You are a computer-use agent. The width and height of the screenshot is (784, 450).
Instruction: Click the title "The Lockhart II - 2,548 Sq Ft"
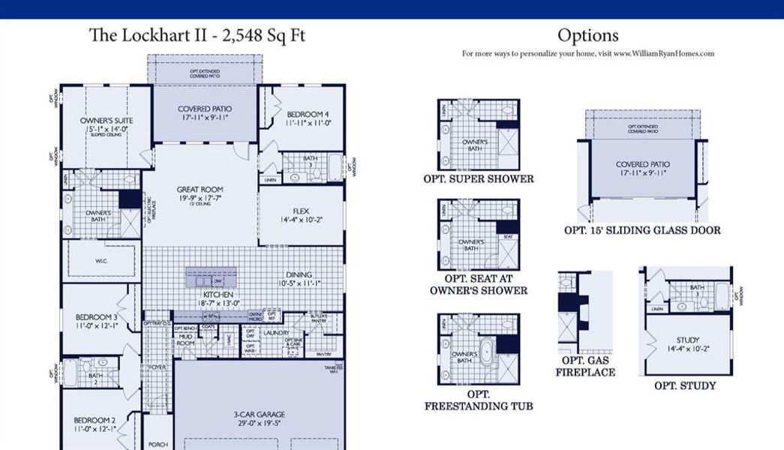tap(197, 35)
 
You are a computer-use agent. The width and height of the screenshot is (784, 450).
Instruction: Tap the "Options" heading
tap(587, 35)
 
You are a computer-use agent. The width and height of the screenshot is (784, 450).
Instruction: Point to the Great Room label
tap(200, 190)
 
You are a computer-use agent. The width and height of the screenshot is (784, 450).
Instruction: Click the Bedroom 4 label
tap(308, 115)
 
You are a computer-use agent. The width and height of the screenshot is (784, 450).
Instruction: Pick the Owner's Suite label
tap(101, 121)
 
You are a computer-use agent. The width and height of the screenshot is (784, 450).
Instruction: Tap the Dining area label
tap(299, 275)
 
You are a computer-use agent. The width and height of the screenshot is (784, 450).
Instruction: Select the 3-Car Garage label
tap(260, 414)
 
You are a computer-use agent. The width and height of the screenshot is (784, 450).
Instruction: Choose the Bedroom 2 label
tap(94, 420)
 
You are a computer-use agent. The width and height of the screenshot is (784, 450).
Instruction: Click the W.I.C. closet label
tap(103, 262)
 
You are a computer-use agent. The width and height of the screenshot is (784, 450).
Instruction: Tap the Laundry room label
tap(277, 332)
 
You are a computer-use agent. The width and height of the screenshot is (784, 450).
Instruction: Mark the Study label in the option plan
tap(687, 340)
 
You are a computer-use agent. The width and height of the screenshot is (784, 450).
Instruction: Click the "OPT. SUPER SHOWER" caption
tap(479, 179)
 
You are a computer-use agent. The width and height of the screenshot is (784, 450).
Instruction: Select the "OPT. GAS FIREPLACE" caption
tap(585, 366)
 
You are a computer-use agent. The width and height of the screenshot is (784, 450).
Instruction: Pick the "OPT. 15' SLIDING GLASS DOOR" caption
tap(642, 231)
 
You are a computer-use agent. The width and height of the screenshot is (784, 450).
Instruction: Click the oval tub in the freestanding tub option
tap(485, 349)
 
